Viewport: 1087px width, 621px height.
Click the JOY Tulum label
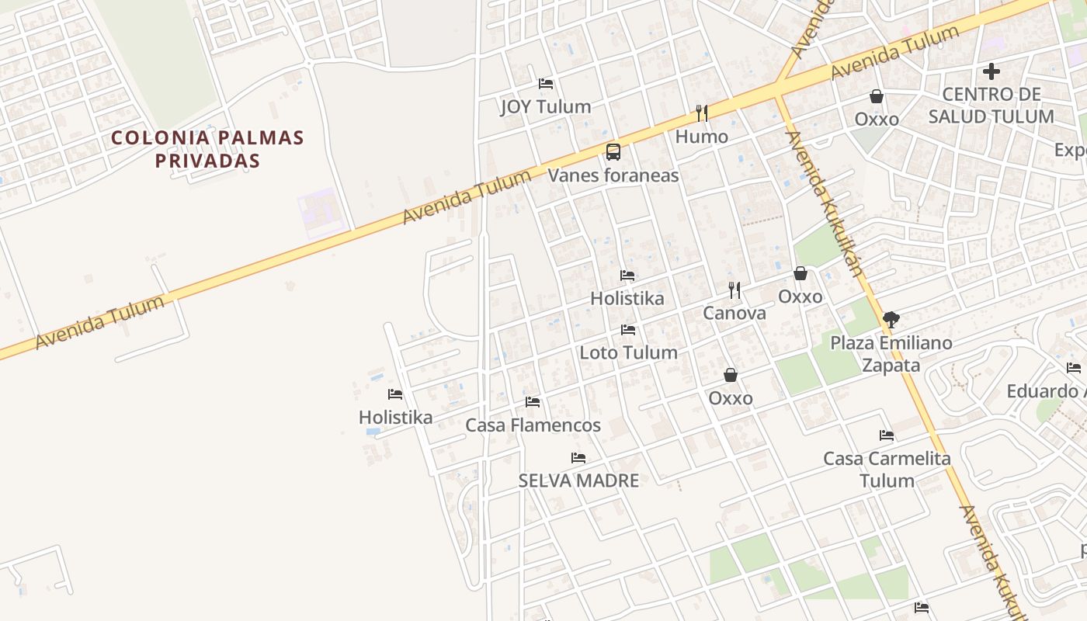[x=545, y=106]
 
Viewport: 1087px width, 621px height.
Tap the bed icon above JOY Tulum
[x=546, y=83]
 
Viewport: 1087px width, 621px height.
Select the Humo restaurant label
[x=701, y=137]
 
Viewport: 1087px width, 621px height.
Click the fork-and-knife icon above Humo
[x=702, y=113]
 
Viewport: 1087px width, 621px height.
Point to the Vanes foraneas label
[x=613, y=175]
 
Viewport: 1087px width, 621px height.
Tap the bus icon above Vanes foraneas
[x=613, y=152]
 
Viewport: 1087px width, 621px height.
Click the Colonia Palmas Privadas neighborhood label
[x=207, y=149]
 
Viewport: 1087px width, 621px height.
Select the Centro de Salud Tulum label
[x=991, y=106]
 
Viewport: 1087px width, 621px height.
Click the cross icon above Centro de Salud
[x=991, y=72]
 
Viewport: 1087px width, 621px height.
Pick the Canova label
[x=734, y=313]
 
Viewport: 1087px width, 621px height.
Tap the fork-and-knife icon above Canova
[x=735, y=290]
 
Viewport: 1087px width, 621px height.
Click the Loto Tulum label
[x=628, y=352]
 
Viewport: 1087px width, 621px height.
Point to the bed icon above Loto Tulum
[x=628, y=330]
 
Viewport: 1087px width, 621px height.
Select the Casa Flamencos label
[x=533, y=425]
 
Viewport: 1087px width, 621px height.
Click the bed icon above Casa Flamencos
[x=533, y=402]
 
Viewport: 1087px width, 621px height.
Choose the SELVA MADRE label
[x=578, y=480]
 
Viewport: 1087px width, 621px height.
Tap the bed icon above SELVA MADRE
[x=578, y=458]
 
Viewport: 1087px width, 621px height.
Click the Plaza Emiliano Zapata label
[x=891, y=353]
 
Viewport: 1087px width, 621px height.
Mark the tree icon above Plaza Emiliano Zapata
[x=891, y=319]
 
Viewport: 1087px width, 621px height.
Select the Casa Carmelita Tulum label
[x=887, y=469]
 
